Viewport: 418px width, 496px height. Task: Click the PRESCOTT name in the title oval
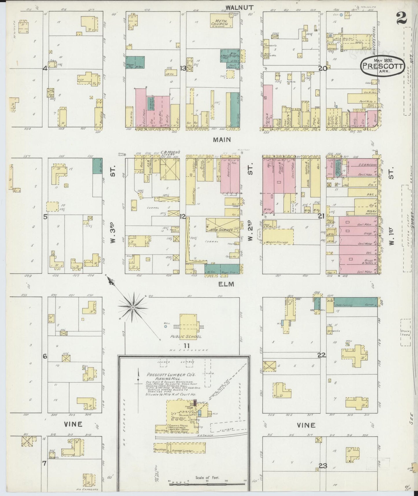tap(382, 66)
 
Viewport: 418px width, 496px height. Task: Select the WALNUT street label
tap(240, 8)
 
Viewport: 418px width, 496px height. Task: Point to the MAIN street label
tap(222, 140)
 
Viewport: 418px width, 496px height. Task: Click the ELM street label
tap(226, 284)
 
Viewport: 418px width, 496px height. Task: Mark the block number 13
tap(183, 68)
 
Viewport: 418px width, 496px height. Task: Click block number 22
tap(321, 355)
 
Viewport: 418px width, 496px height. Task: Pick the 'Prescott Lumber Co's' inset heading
tap(164, 374)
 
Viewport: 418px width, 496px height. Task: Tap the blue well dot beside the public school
tap(165, 326)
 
